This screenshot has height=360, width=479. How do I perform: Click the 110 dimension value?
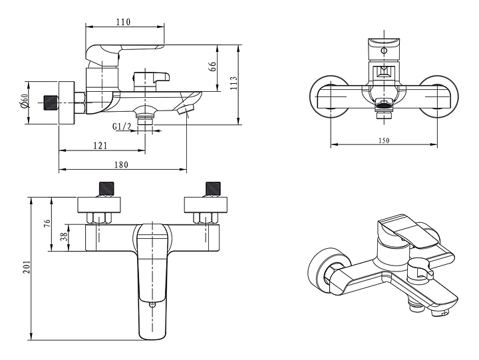[124, 22]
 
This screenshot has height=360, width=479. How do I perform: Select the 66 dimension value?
[213, 67]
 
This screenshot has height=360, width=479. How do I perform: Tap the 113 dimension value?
[234, 83]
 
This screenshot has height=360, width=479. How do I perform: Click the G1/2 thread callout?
[122, 126]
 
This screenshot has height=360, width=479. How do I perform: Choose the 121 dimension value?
[100, 146]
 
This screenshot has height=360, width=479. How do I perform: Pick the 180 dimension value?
[121, 164]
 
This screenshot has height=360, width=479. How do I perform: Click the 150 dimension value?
[384, 140]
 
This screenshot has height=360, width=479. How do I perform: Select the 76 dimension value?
[47, 224]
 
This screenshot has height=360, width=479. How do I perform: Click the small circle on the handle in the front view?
[384, 51]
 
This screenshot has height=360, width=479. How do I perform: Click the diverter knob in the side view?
[151, 81]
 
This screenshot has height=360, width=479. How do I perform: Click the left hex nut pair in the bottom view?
[99, 218]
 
